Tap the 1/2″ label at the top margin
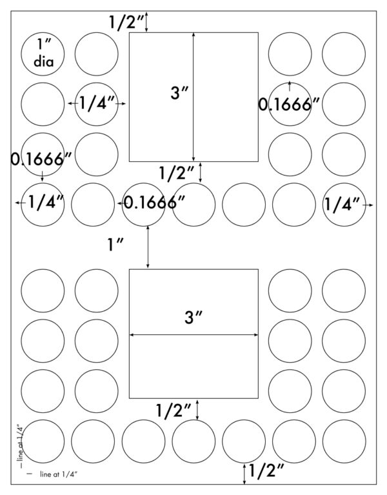(126, 23)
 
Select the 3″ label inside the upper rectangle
(179, 93)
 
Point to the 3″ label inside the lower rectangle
(193, 317)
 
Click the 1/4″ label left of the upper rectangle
(97, 103)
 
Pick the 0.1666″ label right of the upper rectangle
(289, 105)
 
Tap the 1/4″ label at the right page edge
(342, 204)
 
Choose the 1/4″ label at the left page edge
(46, 202)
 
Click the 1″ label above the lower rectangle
(115, 245)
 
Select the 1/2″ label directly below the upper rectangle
(177, 173)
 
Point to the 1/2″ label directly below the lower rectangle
(174, 410)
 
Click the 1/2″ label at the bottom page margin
(266, 471)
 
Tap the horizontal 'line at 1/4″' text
(59, 474)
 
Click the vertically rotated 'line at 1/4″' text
(20, 446)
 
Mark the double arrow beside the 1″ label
(148, 247)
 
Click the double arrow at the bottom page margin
(244, 474)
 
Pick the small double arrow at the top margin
(146, 22)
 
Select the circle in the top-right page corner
(344, 54)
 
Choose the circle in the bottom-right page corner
(344, 441)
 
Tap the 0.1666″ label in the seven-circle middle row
(154, 203)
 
